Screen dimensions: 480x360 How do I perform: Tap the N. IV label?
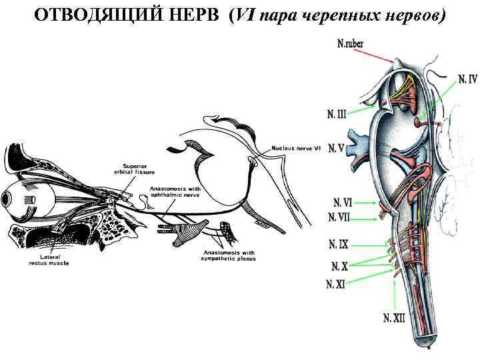click(x=467, y=79)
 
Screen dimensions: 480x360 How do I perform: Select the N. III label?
click(x=337, y=115)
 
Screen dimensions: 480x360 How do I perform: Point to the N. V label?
click(x=337, y=148)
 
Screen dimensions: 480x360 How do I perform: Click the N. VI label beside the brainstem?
click(x=341, y=202)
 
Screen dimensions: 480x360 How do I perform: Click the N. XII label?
click(x=394, y=318)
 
